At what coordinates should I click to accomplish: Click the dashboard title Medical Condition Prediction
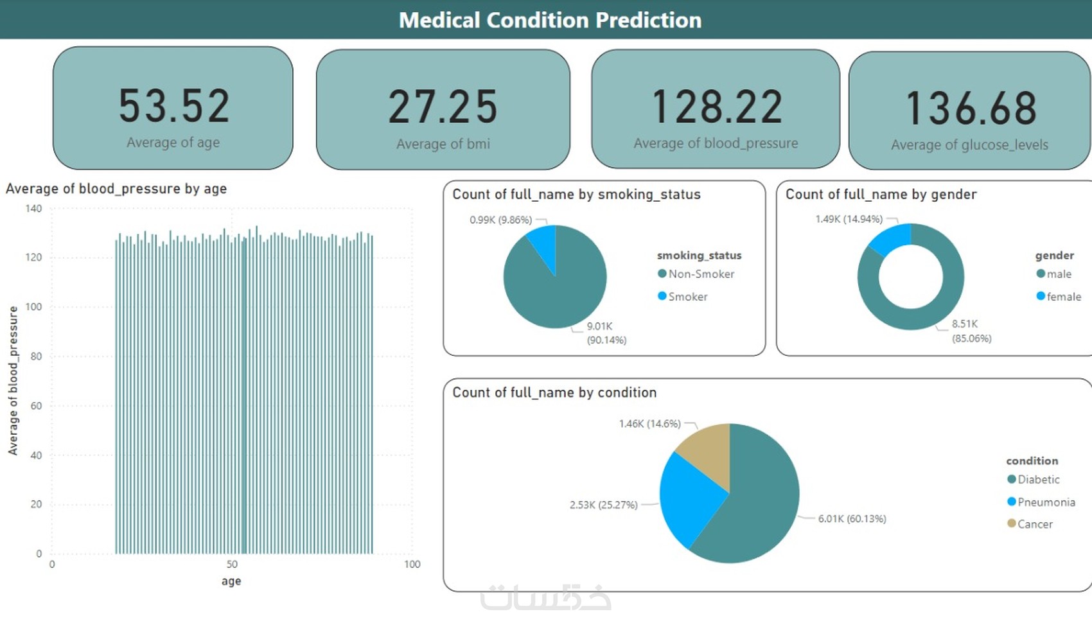[x=550, y=20]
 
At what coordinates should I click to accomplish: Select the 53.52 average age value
[x=173, y=106]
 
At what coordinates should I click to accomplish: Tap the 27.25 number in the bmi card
[x=443, y=107]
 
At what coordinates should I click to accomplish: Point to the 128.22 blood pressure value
[x=716, y=107]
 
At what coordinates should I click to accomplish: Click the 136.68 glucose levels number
[x=971, y=108]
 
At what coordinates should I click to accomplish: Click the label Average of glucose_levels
[x=969, y=145]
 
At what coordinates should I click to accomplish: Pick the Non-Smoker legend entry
[x=701, y=274]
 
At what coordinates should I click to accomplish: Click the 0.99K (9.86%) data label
[x=500, y=220]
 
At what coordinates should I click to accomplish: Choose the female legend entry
[x=1063, y=297]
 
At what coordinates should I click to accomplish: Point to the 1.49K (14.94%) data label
[x=849, y=219]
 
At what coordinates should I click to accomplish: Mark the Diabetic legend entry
[x=1038, y=480]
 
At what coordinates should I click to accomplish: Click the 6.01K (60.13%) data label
[x=852, y=518]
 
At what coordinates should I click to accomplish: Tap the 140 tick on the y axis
[x=33, y=209]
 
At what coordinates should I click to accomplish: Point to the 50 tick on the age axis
[x=232, y=565]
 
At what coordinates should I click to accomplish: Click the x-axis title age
[x=231, y=581]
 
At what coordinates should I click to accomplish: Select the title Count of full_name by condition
[x=554, y=392]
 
